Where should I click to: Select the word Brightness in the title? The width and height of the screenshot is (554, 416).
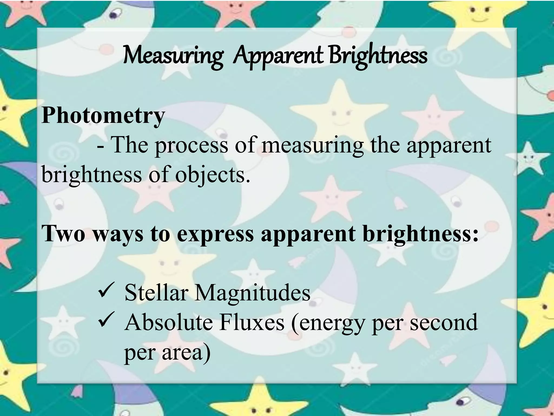coord(378,56)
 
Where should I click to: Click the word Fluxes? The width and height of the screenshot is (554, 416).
coord(252,322)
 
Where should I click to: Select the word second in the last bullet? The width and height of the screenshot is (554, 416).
coord(444,322)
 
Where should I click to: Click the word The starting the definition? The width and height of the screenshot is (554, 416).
coord(130,145)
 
